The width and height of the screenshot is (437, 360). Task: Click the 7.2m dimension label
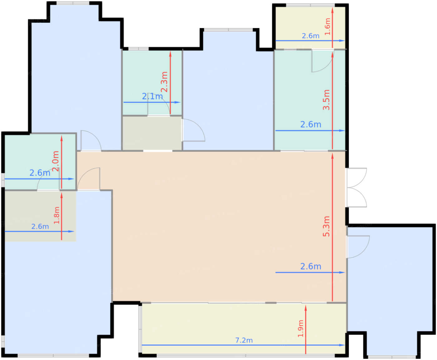(244, 340)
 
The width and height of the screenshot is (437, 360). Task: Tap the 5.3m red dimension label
(326, 226)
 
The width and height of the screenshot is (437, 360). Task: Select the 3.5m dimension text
(326, 100)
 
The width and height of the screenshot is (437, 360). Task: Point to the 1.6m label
(327, 27)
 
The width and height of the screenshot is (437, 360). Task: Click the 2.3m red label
(164, 82)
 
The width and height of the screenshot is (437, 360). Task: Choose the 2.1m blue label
(152, 96)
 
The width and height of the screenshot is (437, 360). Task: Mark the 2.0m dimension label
(56, 161)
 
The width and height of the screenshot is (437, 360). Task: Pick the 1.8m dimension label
(57, 215)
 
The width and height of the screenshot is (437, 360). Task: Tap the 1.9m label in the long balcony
(301, 328)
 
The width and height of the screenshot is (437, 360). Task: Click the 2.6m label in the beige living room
(311, 266)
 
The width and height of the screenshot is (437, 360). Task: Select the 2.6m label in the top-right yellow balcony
(311, 36)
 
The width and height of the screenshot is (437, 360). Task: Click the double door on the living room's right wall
(356, 187)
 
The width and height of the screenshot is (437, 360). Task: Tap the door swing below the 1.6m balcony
(322, 61)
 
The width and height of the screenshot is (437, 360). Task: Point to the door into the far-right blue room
(358, 247)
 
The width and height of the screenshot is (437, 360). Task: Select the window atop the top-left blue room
(73, 3)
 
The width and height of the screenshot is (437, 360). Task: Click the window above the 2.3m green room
(138, 49)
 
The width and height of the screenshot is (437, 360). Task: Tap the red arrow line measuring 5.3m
(332, 227)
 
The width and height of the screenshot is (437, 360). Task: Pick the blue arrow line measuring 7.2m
(243, 345)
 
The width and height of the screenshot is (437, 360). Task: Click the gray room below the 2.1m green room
(152, 133)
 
